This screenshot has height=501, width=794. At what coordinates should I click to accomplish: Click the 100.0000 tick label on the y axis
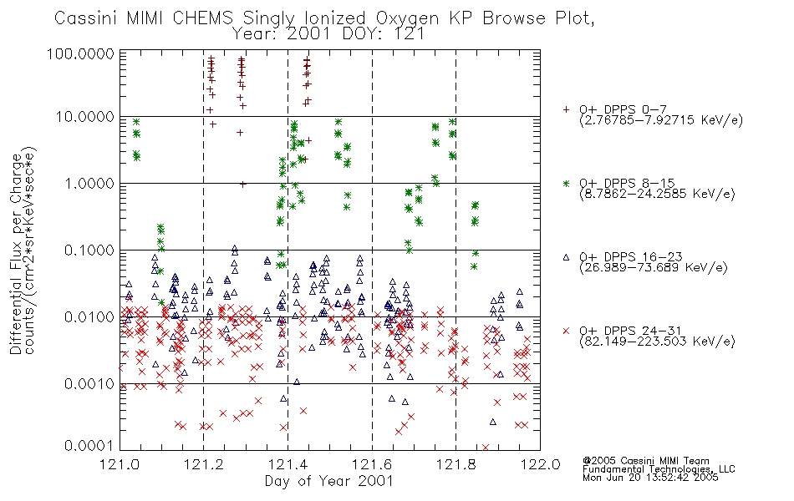coord(80,53)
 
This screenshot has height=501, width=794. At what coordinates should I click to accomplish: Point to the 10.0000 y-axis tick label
coord(85,117)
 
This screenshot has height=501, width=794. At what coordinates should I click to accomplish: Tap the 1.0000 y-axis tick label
coord(89,183)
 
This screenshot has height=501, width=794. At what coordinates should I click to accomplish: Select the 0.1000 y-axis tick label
coord(89,250)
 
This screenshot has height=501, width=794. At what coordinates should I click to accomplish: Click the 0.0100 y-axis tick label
coord(89,317)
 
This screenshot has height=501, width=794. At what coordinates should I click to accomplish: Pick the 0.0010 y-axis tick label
coord(89,384)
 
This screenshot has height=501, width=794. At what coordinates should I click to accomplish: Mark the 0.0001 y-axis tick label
coord(89,445)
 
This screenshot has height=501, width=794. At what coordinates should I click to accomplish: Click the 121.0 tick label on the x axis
coord(120,464)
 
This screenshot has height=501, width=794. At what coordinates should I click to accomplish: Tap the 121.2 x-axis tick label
coord(204,464)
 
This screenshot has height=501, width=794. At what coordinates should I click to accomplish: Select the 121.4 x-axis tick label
coord(288,464)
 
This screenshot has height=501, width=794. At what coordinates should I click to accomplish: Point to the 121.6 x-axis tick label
coord(372,464)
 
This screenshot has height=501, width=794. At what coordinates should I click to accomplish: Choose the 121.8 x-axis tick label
coord(456,464)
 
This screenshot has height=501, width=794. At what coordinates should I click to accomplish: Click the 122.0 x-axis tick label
coord(540,464)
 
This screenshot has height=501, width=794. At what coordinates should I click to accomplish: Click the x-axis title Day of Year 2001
coord(329,481)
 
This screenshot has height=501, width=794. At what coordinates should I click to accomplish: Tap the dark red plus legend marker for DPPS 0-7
coord(566,109)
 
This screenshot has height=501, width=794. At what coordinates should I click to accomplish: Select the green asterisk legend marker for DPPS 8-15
coord(566,183)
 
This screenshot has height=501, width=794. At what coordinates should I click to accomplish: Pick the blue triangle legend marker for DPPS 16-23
coord(566,257)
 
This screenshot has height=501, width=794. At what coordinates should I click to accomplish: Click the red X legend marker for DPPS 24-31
coord(566,331)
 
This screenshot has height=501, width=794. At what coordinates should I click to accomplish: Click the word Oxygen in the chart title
coord(408,18)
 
